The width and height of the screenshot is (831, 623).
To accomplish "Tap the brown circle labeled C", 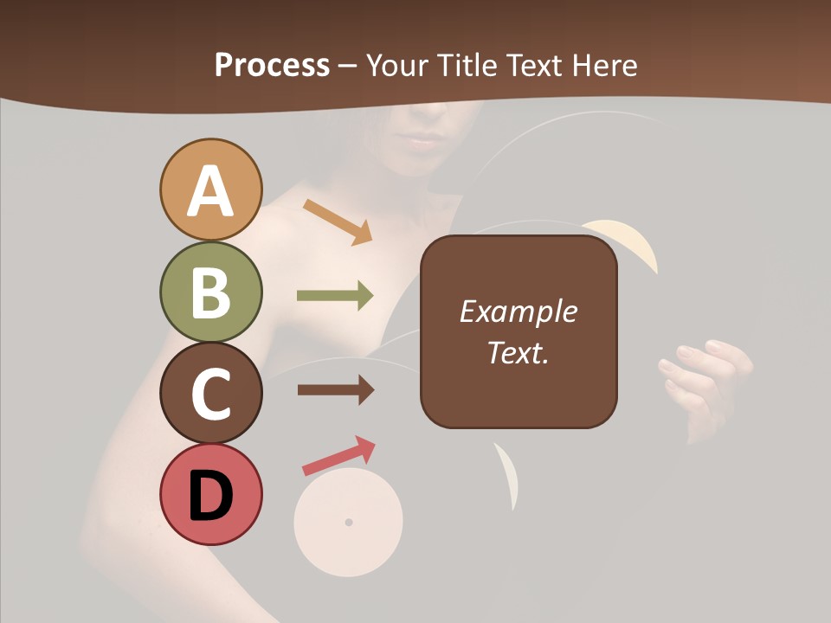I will pyautogui.click(x=210, y=393).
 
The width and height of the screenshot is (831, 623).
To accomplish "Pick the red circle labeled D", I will pyautogui.click(x=210, y=494).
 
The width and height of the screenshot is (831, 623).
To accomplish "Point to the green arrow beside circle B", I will pyautogui.click(x=335, y=296).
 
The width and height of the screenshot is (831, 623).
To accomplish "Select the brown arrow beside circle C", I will pyautogui.click(x=335, y=390).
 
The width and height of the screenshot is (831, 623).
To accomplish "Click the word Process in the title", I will pyautogui.click(x=272, y=65).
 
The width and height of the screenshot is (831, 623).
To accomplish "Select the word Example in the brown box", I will pyautogui.click(x=518, y=311).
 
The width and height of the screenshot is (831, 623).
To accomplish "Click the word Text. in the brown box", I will pyautogui.click(x=518, y=352).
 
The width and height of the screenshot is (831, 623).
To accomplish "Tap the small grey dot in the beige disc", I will pyautogui.click(x=349, y=522).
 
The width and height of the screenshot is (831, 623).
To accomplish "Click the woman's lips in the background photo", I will pyautogui.click(x=422, y=141).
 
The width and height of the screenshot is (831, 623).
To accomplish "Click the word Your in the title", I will pyautogui.click(x=398, y=65).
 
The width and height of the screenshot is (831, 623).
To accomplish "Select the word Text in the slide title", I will pyautogui.click(x=532, y=65).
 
